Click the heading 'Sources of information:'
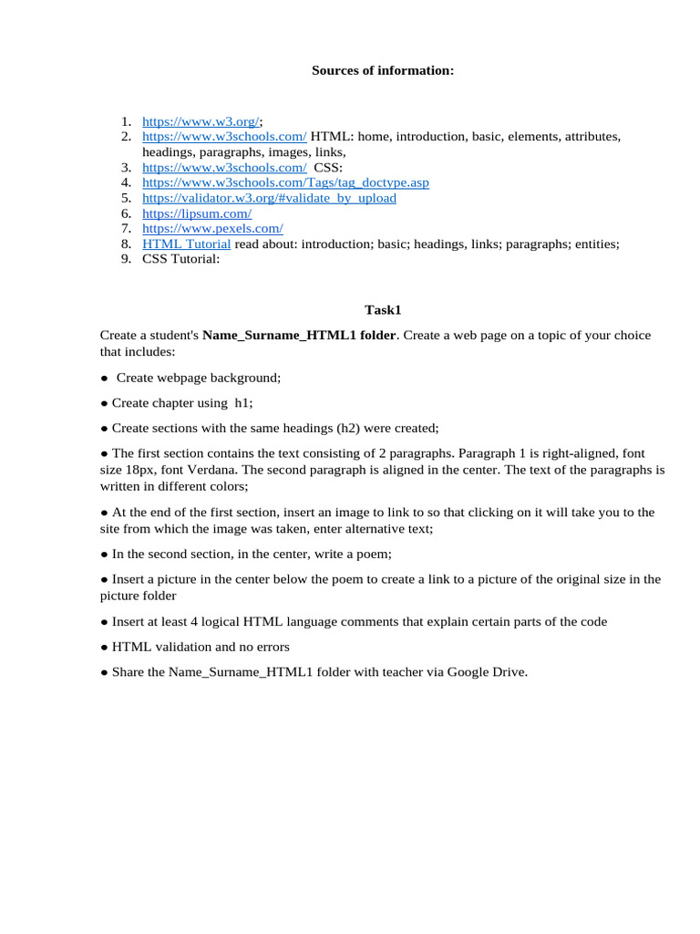pos(382,70)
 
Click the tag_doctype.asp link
pos(285,182)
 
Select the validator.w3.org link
pos(269,198)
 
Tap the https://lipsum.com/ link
pos(197,213)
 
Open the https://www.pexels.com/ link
pos(212,228)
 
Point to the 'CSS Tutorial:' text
pos(181,259)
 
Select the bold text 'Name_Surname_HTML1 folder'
pos(299,335)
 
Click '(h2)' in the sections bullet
pos(353,427)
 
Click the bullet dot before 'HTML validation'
pos(104,647)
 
